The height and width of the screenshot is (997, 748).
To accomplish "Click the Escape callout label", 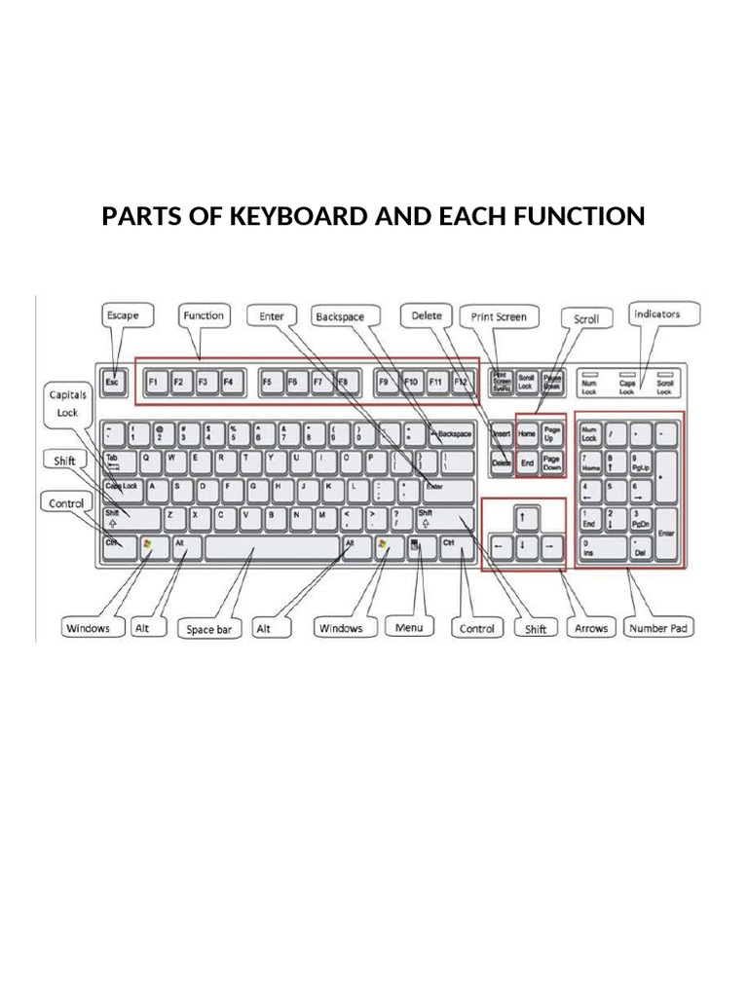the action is (x=123, y=315).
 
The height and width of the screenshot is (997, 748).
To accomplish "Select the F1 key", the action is (x=154, y=382).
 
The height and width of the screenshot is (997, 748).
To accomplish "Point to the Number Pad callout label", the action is (x=658, y=628).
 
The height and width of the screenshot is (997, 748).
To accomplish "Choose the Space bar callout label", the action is (x=208, y=630).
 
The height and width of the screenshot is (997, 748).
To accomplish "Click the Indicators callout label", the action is (x=656, y=314).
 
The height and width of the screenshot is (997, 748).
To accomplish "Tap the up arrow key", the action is (x=524, y=516).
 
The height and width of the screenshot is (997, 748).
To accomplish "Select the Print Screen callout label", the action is (x=499, y=316).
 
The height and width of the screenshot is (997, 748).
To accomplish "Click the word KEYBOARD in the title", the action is (x=291, y=216).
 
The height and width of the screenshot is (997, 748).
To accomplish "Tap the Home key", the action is (x=527, y=434).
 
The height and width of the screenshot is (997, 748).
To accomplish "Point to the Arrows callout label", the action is (x=591, y=628).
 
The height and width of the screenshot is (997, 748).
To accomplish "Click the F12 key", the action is (x=461, y=382).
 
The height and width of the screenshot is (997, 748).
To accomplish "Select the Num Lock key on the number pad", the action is (x=590, y=434).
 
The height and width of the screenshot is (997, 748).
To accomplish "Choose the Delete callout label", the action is (x=426, y=315).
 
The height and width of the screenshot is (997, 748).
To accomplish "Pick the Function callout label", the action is (x=203, y=315).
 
